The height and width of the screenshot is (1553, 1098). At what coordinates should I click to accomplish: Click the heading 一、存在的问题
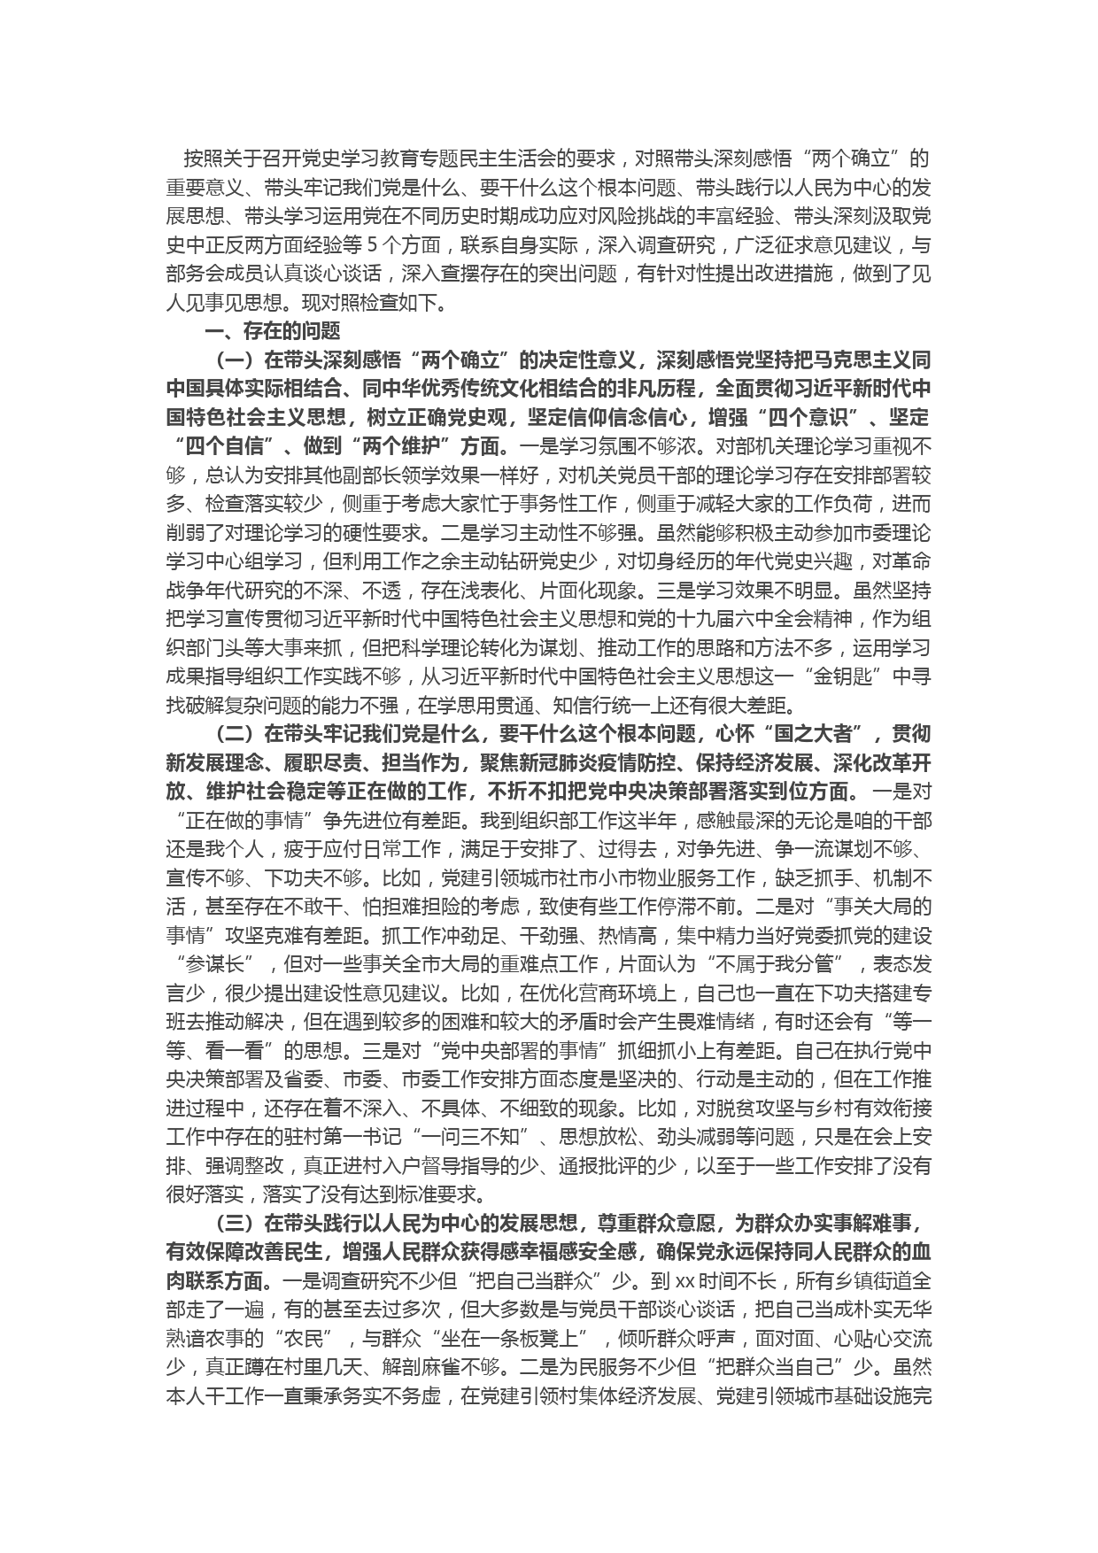click(273, 332)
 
